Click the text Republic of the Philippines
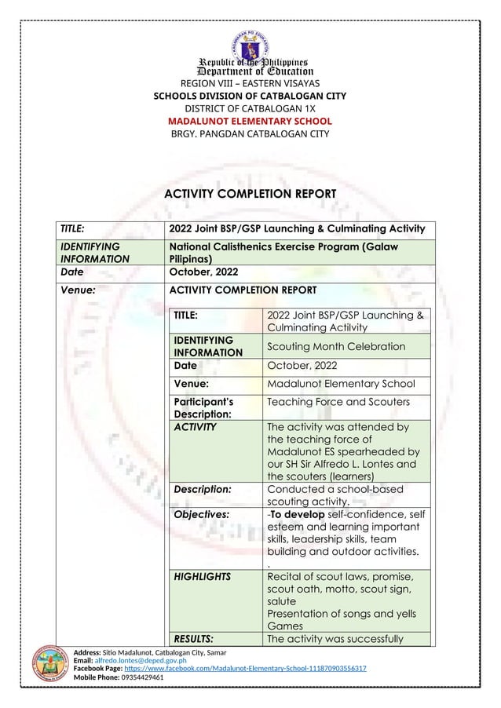click(251, 62)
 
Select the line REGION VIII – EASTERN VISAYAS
click(251, 83)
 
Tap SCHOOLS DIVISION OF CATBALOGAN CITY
click(251, 97)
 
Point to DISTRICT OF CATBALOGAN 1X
click(251, 109)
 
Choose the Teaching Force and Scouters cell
click(338, 402)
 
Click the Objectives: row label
click(202, 514)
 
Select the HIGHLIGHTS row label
click(203, 576)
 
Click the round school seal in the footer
click(49, 663)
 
